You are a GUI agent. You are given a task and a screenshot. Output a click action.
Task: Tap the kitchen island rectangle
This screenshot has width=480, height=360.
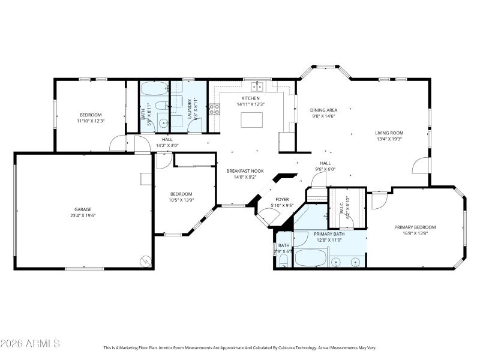[x=251, y=119]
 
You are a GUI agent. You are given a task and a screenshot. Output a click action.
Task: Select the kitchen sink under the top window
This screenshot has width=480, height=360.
[x=256, y=86]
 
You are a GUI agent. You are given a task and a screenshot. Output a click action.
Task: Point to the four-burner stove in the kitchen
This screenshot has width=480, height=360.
[x=214, y=109]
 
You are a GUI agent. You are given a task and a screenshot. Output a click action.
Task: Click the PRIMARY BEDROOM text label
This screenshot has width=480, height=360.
[x=415, y=227]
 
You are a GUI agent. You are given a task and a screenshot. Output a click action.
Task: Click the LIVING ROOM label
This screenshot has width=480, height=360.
[x=389, y=133]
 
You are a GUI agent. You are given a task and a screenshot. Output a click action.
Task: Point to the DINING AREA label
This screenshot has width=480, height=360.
[x=323, y=110]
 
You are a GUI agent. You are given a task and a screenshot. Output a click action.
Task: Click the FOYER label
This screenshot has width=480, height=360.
[x=282, y=199]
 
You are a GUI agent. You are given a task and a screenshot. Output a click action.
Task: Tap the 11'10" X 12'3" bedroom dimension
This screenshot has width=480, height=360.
[x=91, y=121]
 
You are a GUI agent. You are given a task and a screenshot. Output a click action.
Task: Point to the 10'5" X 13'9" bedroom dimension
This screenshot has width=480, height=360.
[x=181, y=200]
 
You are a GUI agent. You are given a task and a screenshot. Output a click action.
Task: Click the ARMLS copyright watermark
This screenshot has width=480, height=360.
[x=30, y=344]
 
